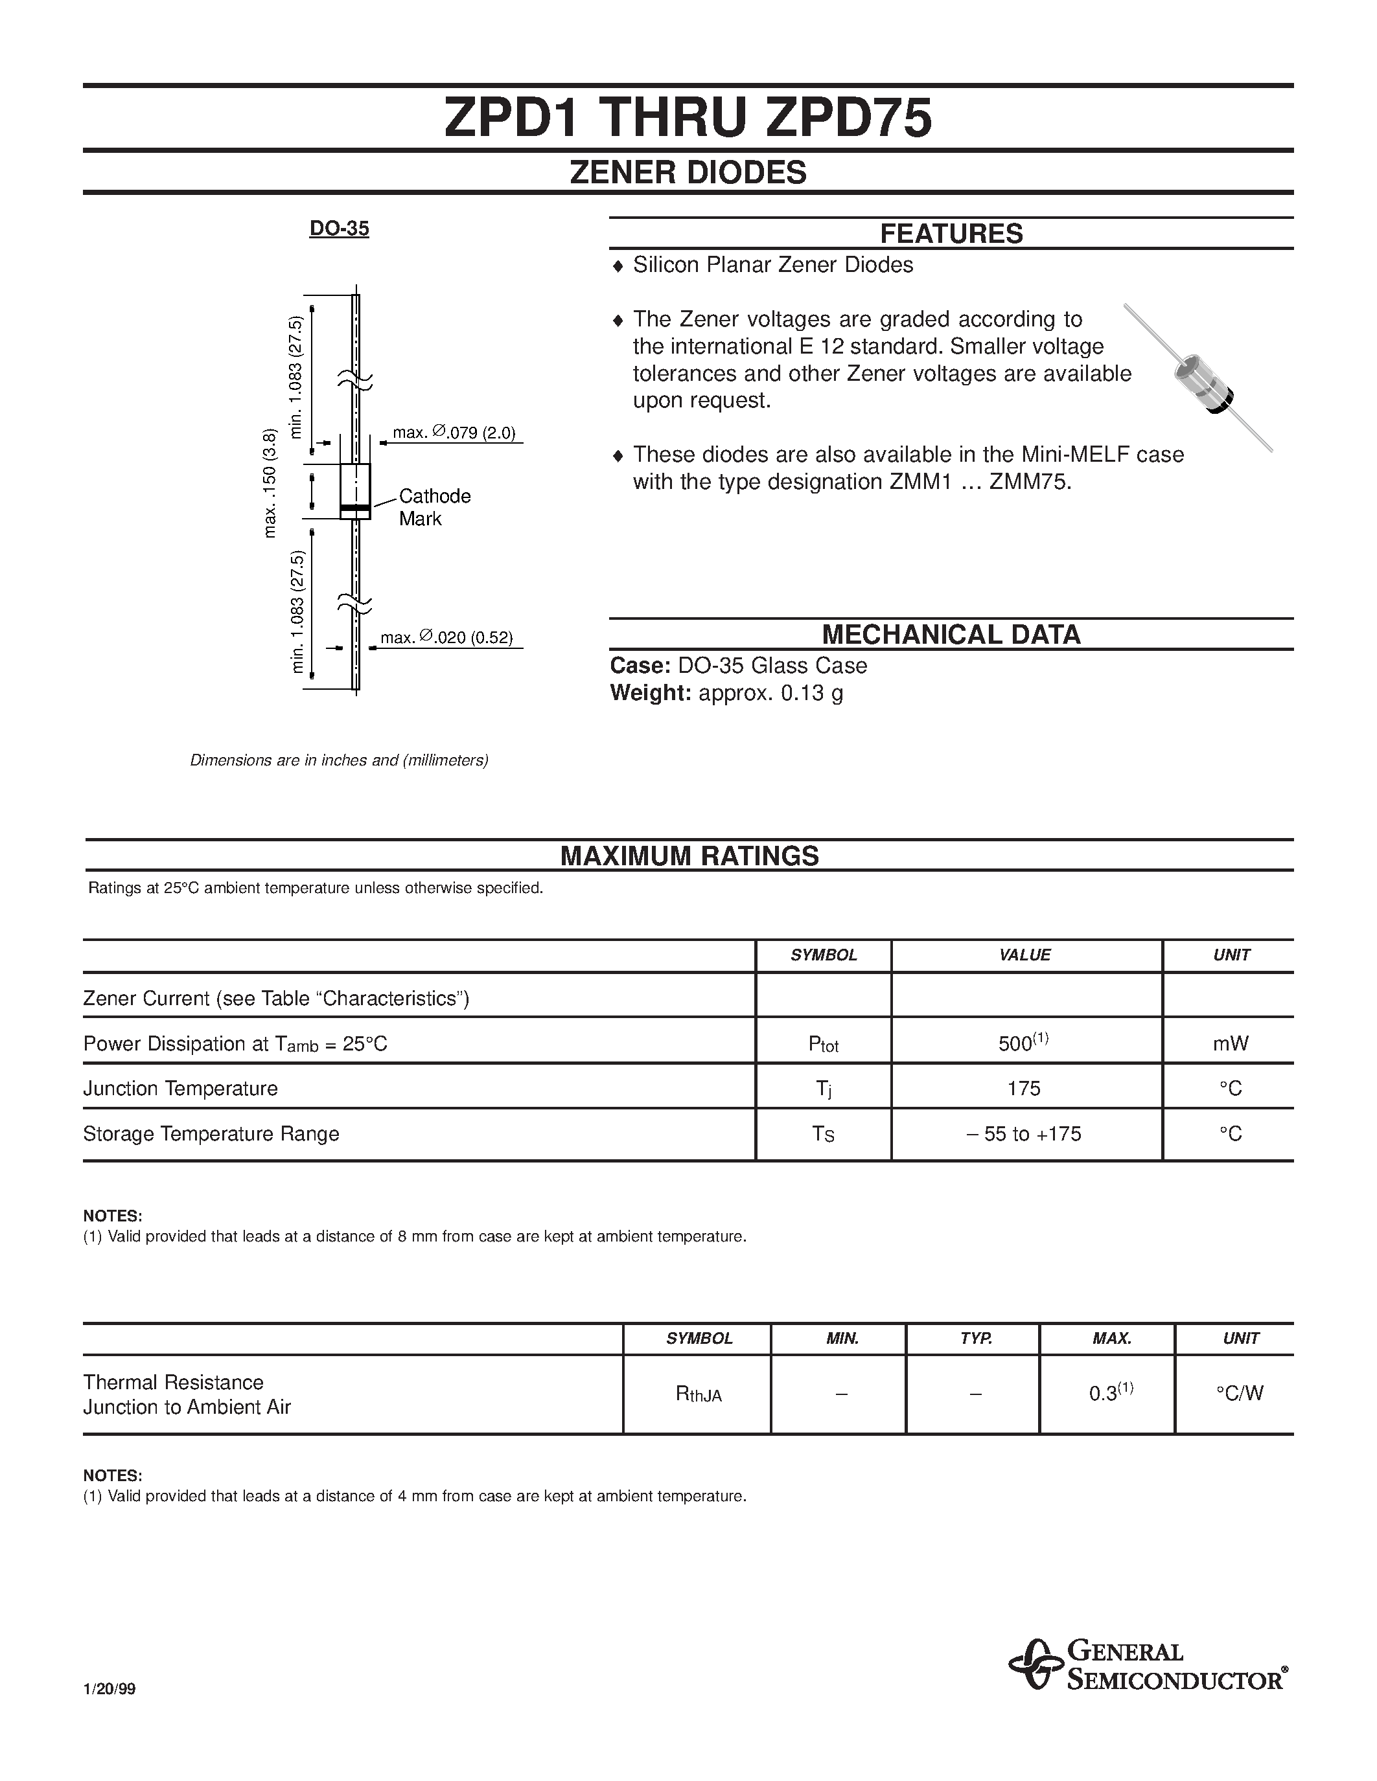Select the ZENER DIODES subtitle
tap(688, 173)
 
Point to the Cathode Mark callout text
tap(434, 507)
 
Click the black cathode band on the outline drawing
tap(355, 509)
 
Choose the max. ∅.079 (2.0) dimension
tap(454, 433)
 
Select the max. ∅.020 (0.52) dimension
tap(446, 638)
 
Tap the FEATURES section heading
tap(951, 234)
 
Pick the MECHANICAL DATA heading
tap(951, 635)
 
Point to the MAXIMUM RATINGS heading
tap(689, 856)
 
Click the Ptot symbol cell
tap(823, 1045)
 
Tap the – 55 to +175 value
tap(1024, 1134)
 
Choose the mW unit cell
tap(1230, 1044)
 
